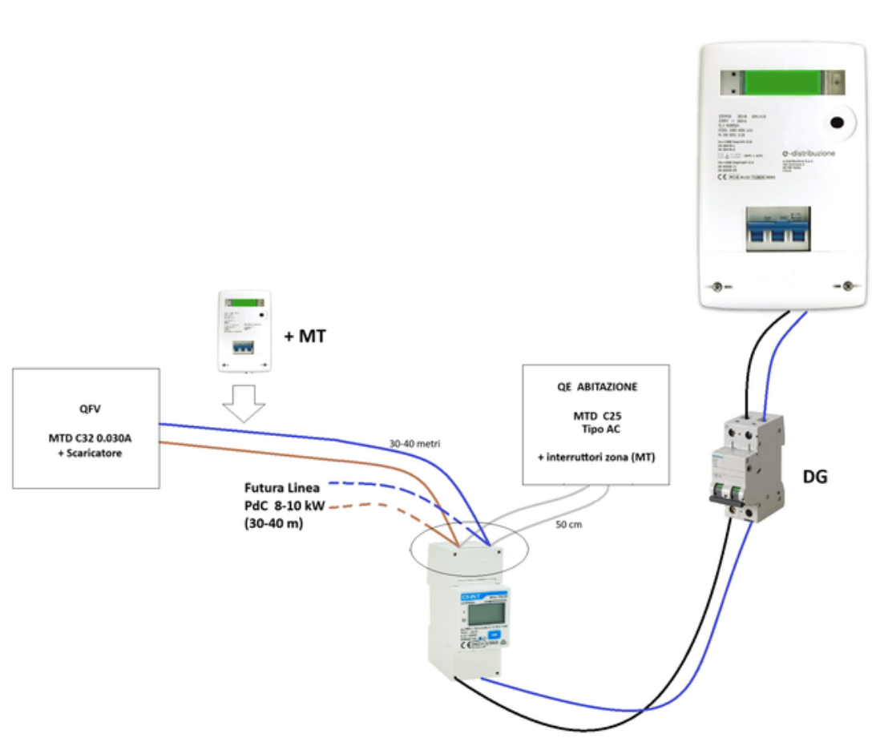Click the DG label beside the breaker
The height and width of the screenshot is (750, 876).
coord(814,478)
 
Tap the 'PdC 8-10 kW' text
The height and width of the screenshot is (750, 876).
coord(284,506)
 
